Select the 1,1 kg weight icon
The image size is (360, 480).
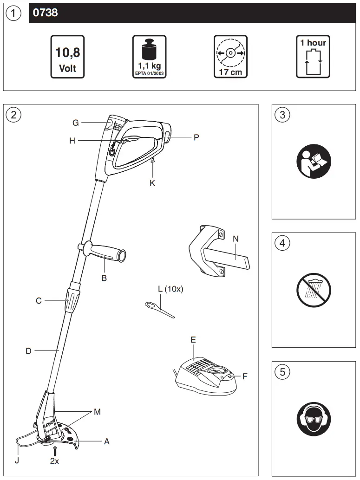[150, 57]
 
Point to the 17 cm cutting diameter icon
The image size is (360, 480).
[230, 57]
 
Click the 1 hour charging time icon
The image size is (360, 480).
[313, 57]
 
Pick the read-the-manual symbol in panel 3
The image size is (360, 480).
[314, 161]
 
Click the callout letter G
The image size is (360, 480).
[76, 123]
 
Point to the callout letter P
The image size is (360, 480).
[196, 137]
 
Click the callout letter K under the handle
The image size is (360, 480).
[152, 183]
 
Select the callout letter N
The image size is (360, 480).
[236, 239]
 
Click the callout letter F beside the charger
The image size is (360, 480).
[245, 376]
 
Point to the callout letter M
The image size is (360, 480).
[97, 412]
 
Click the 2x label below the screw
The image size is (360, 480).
[55, 461]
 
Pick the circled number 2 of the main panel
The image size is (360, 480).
[13, 115]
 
